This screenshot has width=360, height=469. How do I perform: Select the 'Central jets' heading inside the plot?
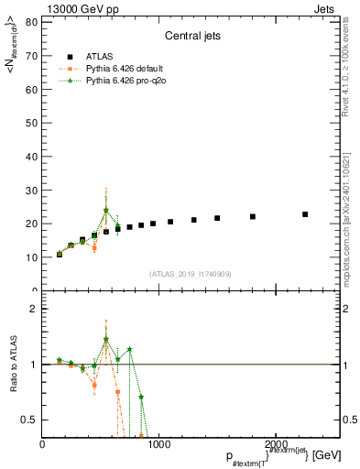[x=191, y=37]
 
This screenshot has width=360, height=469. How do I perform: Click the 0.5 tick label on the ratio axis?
[x=28, y=420]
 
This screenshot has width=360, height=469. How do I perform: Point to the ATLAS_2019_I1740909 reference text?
[x=191, y=274]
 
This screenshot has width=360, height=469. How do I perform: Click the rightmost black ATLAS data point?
[x=305, y=214]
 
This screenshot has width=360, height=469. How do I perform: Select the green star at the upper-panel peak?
[x=106, y=211]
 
